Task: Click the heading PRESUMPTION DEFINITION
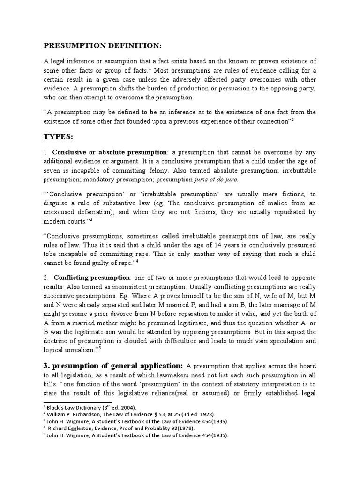point(102,45)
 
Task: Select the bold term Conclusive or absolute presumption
point(110,152)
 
